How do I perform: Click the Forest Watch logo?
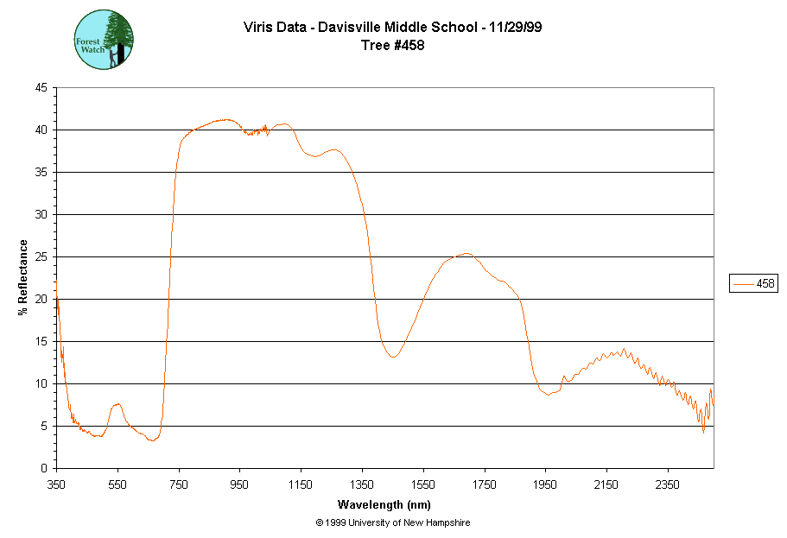104,40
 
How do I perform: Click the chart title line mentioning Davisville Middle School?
393,28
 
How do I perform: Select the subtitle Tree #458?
393,45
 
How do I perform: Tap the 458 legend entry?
753,283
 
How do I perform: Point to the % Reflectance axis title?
23,277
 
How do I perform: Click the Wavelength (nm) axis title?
384,505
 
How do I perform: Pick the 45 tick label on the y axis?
41,88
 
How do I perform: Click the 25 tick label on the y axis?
41,257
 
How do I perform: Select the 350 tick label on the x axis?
57,484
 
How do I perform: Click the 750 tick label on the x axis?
179,484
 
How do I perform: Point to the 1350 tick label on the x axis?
362,484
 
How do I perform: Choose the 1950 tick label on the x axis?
545,484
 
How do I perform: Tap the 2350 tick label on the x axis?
667,484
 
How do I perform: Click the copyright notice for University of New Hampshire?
393,523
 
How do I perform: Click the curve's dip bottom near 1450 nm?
393,357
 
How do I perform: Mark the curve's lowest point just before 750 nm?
152,440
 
